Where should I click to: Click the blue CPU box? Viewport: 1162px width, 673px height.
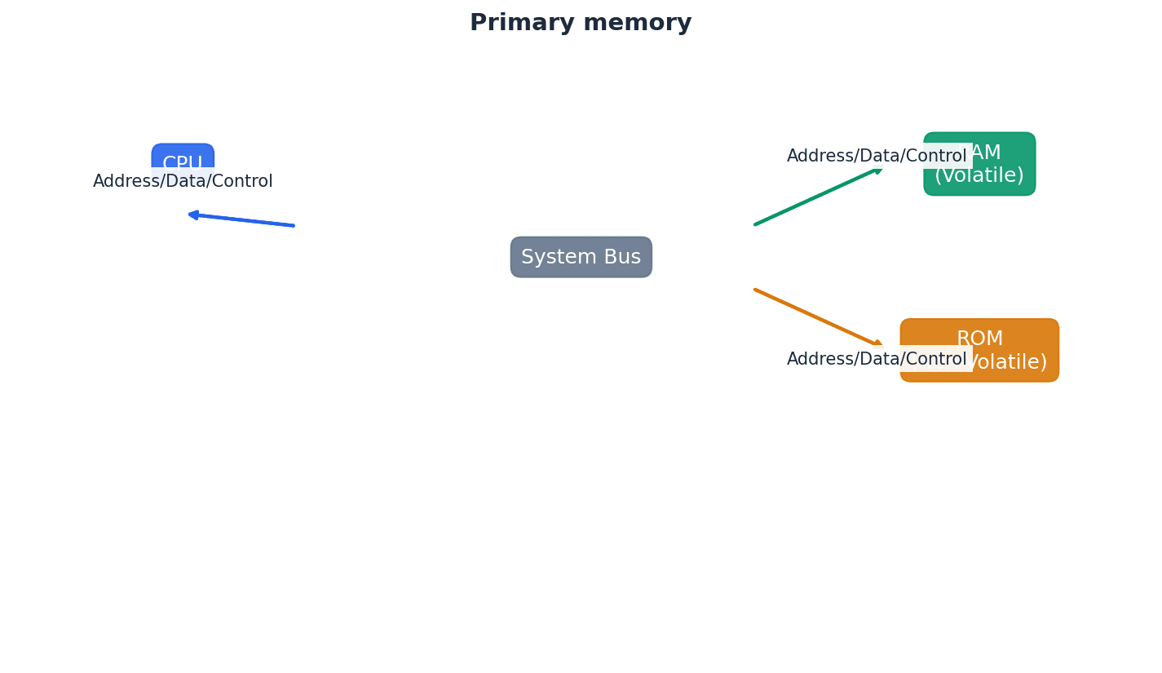(x=183, y=156)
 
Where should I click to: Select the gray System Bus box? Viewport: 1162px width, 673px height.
(x=581, y=257)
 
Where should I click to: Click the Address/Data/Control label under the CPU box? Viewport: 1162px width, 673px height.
(x=183, y=182)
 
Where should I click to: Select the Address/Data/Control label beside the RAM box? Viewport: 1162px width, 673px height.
(x=876, y=156)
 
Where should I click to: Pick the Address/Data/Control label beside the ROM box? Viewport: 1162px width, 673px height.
(x=876, y=359)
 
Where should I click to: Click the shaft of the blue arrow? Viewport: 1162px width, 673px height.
(x=245, y=220)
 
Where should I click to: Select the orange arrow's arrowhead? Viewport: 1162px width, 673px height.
(x=877, y=344)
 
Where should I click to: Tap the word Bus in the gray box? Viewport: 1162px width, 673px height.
(x=622, y=257)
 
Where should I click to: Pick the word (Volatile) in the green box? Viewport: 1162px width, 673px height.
(x=979, y=176)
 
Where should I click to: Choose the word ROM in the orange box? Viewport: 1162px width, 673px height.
(x=979, y=339)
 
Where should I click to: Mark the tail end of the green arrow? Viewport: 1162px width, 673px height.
(x=757, y=224)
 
